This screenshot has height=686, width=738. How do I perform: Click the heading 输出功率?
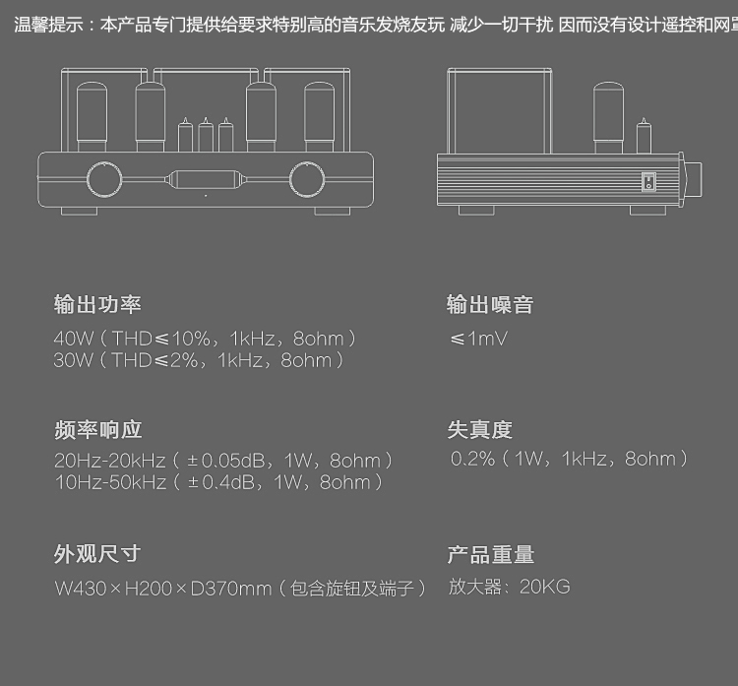click(x=97, y=305)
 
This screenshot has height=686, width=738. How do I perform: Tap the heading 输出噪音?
click(x=490, y=305)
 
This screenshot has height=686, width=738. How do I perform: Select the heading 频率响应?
click(x=97, y=430)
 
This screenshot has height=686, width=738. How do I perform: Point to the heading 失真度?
click(x=480, y=430)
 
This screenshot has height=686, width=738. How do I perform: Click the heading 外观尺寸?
click(x=97, y=555)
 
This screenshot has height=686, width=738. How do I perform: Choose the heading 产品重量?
click(x=491, y=555)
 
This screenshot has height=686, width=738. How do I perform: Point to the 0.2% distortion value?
click(x=473, y=459)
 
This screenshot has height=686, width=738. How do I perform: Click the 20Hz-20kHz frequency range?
click(x=110, y=461)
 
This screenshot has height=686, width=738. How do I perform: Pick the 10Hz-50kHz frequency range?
click(x=110, y=482)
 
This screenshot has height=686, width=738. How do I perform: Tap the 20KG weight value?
click(x=544, y=588)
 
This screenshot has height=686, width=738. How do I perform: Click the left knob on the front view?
click(x=104, y=180)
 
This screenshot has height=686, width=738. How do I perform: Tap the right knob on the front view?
click(x=307, y=180)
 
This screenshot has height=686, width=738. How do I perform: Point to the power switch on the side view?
click(x=648, y=182)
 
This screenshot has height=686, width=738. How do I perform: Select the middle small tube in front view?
click(x=206, y=136)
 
